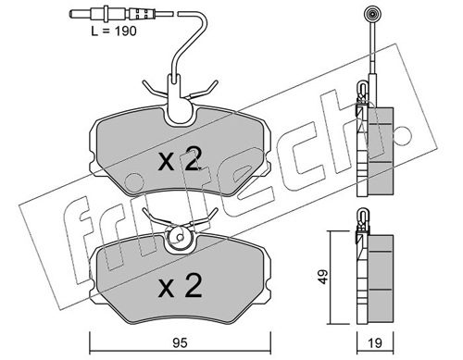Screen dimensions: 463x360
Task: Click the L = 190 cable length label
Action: coord(114,31)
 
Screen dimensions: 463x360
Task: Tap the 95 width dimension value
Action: coord(180,343)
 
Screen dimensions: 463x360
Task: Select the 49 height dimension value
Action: coord(323,277)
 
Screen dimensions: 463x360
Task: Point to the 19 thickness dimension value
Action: coord(375,343)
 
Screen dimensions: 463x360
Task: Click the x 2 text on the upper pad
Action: coord(180,159)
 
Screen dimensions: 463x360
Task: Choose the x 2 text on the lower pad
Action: coord(180,286)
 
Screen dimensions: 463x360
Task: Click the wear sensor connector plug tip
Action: coord(73,14)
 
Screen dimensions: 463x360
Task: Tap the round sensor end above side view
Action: coord(372,14)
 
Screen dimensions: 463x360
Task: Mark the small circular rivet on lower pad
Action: coord(179,237)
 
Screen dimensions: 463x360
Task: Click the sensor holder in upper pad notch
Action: coord(179,102)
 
